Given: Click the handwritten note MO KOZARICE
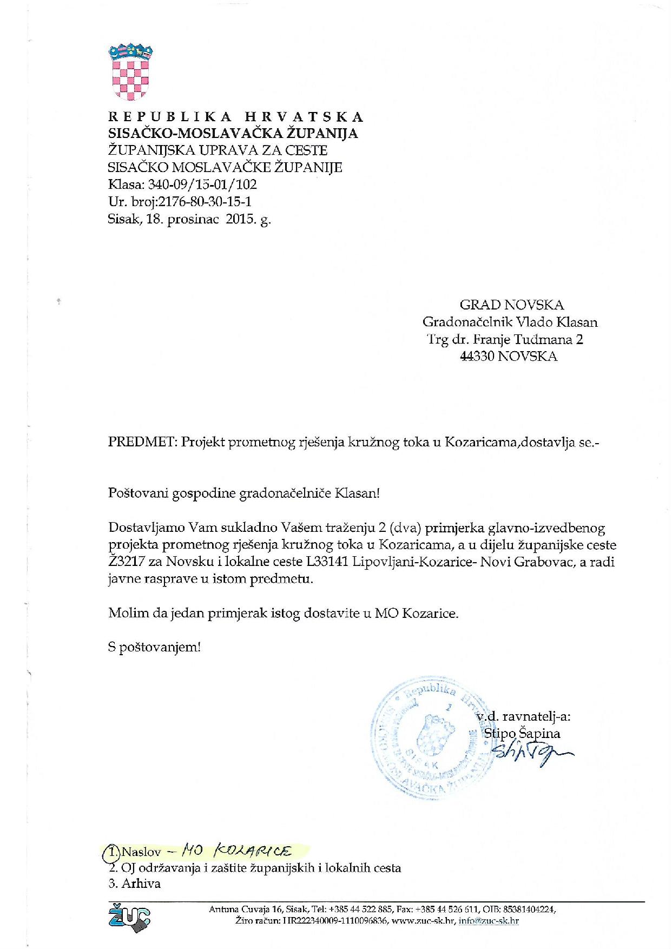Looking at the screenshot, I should click(236, 851).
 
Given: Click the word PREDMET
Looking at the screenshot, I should click(142, 442).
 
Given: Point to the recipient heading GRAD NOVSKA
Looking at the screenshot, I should click(511, 305).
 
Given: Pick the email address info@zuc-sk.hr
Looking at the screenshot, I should click(489, 921).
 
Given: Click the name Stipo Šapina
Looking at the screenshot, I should click(522, 734).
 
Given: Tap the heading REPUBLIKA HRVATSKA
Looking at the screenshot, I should click(236, 117).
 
